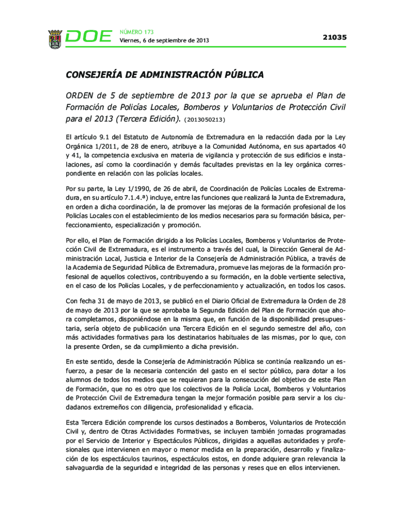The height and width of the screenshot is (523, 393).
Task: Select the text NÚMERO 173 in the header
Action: click(136, 32)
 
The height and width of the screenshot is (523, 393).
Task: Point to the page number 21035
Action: click(334, 37)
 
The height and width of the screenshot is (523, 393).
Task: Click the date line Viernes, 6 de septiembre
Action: click(164, 41)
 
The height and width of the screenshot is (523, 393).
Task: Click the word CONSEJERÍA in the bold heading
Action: click(94, 75)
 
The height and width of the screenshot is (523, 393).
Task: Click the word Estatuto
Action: click(138, 137)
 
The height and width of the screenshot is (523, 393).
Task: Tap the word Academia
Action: click(87, 266)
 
